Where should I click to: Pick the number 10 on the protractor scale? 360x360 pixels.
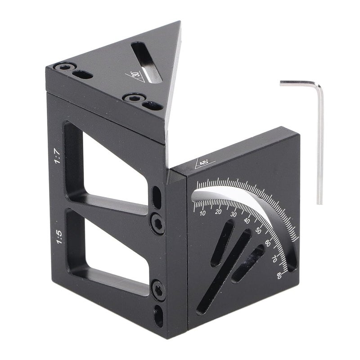point(202,213)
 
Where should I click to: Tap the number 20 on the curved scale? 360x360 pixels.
point(219,212)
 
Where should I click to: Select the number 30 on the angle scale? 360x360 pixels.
point(234,215)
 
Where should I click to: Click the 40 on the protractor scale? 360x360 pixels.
point(247,221)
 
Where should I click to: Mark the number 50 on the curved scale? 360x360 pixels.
point(258,230)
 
